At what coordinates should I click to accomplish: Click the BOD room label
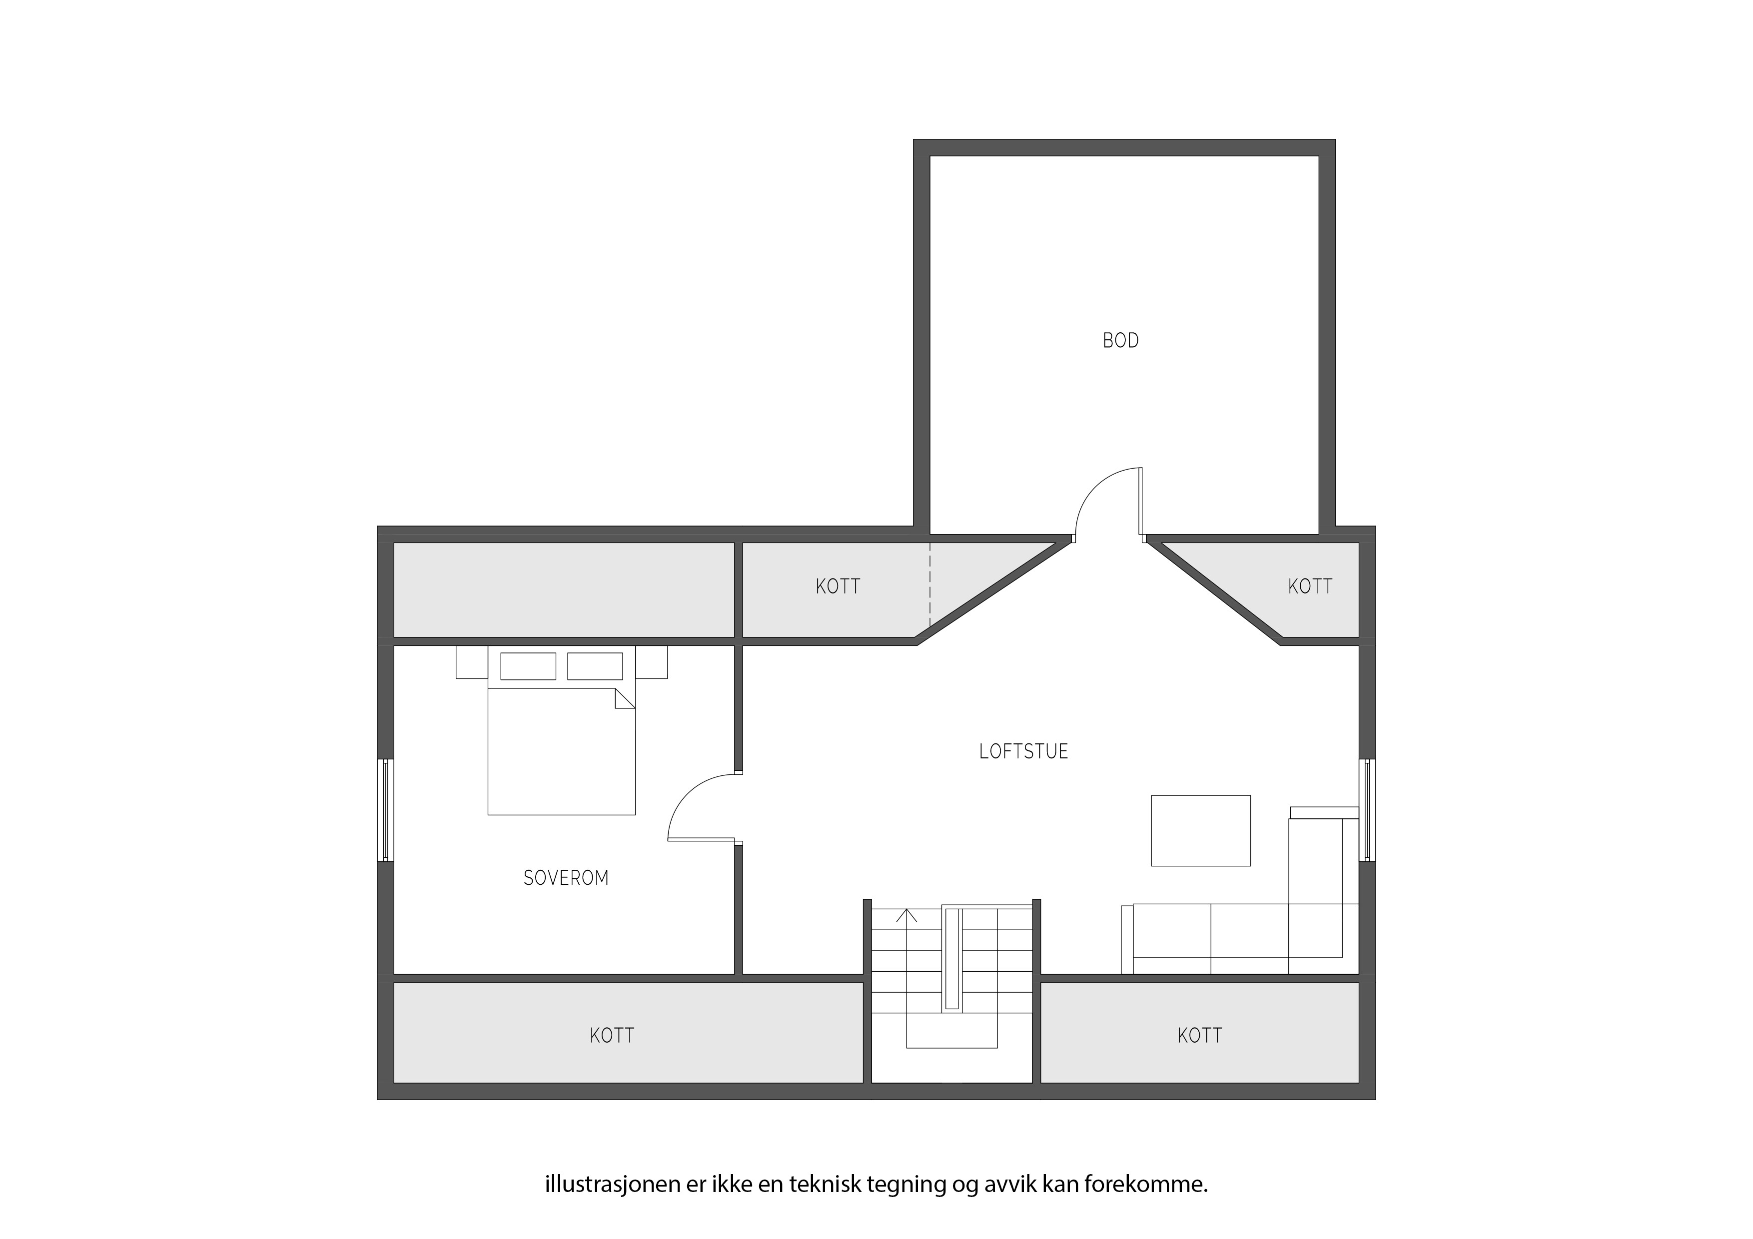1120,341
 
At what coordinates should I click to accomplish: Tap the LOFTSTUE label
1023,751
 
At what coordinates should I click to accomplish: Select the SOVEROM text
566,878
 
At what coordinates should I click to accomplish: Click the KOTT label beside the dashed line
838,587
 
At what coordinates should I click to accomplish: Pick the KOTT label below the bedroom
612,1035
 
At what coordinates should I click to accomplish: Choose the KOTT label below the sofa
1199,1035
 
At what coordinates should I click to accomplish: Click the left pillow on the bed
528,665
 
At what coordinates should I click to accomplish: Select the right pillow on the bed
595,665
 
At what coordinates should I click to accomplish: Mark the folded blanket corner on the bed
625,698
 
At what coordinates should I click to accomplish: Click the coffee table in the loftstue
1200,831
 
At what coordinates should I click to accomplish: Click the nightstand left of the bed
472,662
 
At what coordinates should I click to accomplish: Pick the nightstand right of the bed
651,662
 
